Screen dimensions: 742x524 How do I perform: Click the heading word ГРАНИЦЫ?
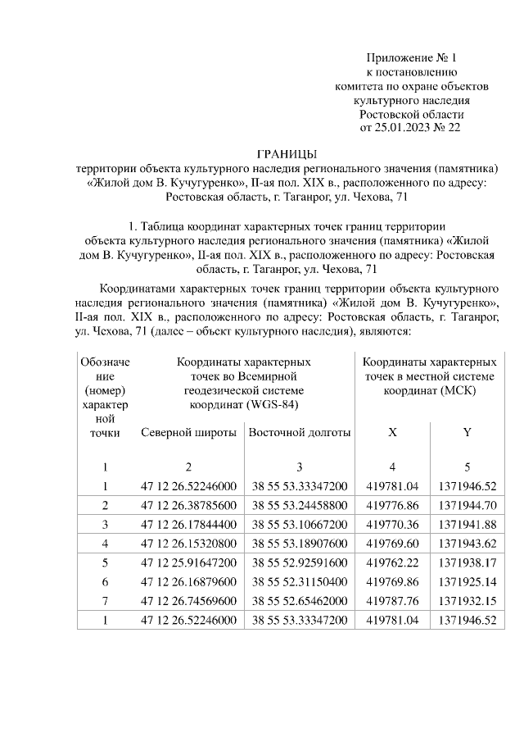coord(286,154)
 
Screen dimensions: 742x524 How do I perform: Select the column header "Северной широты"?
coord(188,432)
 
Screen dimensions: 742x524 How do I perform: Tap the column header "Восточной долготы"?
coord(300,432)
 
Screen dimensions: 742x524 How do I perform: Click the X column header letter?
coord(393,432)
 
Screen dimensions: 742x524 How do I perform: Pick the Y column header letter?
coord(467,432)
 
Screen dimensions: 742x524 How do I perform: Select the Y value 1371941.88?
coord(467,521)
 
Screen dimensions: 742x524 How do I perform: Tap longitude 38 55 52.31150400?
coord(300,585)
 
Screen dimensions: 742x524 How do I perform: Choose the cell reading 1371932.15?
coord(467,603)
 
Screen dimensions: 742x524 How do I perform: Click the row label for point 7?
coord(105,603)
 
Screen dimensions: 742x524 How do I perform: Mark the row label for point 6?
coord(105,585)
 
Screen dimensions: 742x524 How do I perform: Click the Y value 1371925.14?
coord(467,585)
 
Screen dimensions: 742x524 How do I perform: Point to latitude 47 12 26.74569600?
coord(188,603)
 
